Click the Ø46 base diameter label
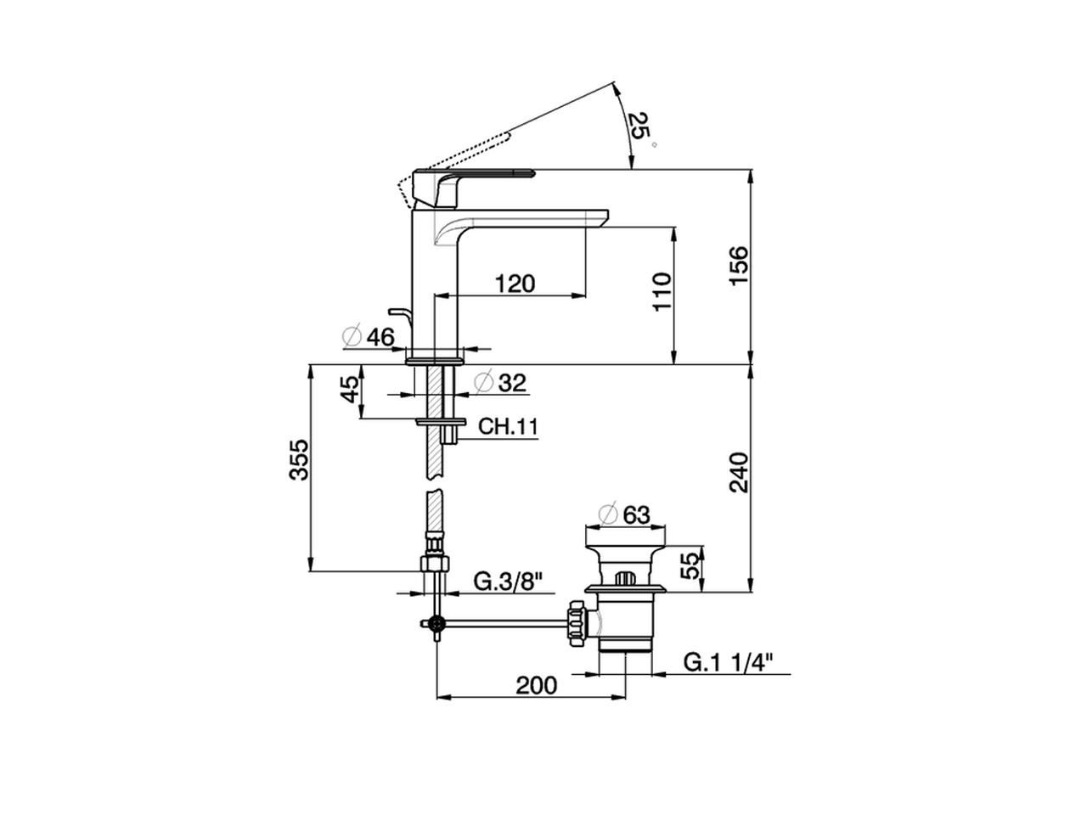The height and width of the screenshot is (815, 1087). pyautogui.click(x=369, y=337)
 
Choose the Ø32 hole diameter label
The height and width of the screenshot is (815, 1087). pyautogui.click(x=500, y=383)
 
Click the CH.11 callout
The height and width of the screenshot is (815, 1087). pyautogui.click(x=508, y=426)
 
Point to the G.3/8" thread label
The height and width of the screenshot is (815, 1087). pyautogui.click(x=508, y=582)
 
